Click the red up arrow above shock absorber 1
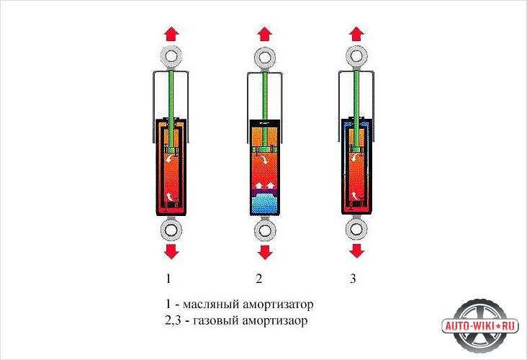[x=171, y=34]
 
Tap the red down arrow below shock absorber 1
[x=171, y=251]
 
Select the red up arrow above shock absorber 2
[x=265, y=34]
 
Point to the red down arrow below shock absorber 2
[x=265, y=252]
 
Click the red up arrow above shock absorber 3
[x=356, y=34]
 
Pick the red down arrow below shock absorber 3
[x=356, y=251]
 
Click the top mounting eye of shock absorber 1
[x=171, y=55]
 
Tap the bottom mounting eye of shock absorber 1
[x=171, y=230]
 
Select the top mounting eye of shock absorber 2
[x=265, y=57]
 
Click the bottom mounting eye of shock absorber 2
[x=265, y=230]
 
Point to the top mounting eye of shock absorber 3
[x=356, y=55]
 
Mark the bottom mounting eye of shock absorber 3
[x=356, y=228]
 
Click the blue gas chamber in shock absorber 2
[x=265, y=204]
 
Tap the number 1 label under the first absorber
[x=168, y=279]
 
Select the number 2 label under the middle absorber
[x=258, y=279]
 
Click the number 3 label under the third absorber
[x=353, y=279]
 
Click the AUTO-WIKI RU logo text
[x=480, y=326]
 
